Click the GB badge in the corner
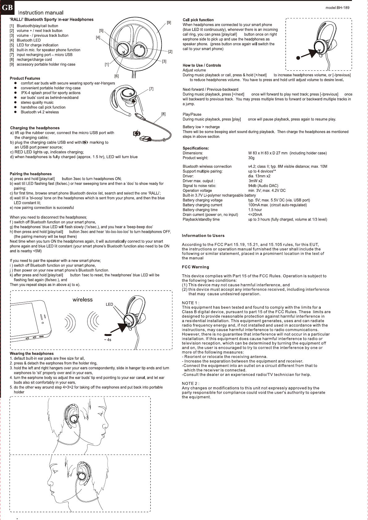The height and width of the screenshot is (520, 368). [x=7, y=7]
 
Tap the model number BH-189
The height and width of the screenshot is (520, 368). [x=337, y=8]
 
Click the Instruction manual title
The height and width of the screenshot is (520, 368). [x=41, y=13]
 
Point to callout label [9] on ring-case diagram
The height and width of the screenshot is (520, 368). [x=169, y=23]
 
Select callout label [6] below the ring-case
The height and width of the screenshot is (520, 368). [x=117, y=76]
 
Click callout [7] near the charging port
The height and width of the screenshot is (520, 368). [x=151, y=89]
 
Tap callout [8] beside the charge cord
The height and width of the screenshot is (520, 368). [x=163, y=114]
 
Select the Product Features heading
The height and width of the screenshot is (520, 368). [x=25, y=78]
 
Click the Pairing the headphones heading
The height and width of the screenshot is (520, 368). [x=31, y=174]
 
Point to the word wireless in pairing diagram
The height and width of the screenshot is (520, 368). [x=83, y=300]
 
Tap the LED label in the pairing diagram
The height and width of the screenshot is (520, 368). [x=109, y=304]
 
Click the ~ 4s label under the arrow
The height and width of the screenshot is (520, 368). [x=108, y=340]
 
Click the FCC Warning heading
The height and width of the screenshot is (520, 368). [x=195, y=267]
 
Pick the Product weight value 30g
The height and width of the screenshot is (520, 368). [x=251, y=158]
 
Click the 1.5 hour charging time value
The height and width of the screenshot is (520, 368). [x=255, y=210]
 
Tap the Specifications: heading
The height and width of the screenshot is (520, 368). [x=196, y=148]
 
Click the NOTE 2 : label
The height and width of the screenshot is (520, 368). [x=190, y=384]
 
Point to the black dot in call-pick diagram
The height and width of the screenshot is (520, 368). [x=298, y=58]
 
